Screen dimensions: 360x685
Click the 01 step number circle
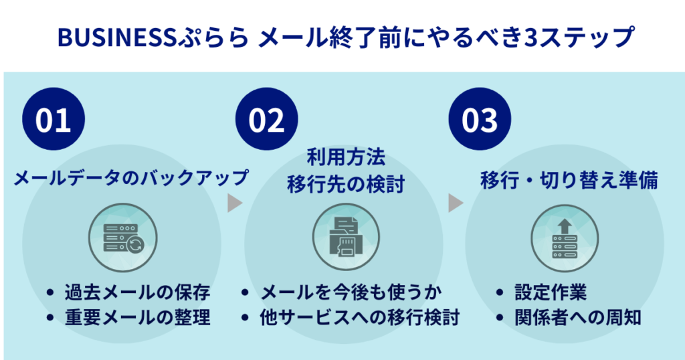[x=54, y=120]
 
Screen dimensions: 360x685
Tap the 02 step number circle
[x=267, y=120]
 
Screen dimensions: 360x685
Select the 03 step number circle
[x=480, y=120]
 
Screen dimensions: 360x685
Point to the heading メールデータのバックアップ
[x=131, y=179]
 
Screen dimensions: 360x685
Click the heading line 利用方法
[x=346, y=159]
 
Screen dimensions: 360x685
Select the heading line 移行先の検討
[x=346, y=184]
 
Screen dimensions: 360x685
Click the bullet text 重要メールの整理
[x=138, y=317]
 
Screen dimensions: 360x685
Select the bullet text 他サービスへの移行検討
[x=359, y=317]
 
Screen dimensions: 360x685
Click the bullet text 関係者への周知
[x=577, y=317]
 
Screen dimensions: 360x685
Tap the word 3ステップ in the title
[x=577, y=38]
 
